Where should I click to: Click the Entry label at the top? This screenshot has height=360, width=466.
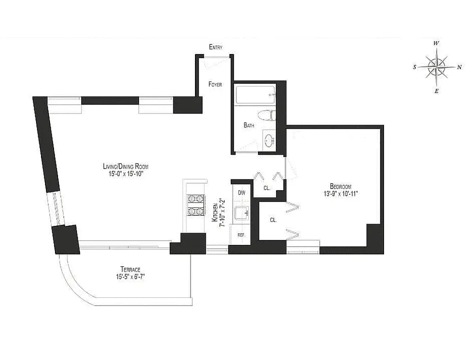coord(216,47)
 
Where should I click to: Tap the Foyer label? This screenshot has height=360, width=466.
coord(215,84)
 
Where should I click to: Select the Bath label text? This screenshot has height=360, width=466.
coord(249,126)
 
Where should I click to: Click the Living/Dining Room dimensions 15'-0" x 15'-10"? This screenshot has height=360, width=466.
coord(123,174)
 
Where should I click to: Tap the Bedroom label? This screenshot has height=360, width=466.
coord(340,186)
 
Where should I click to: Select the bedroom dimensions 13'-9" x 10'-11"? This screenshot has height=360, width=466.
coord(340,193)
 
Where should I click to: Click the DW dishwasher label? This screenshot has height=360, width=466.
coord(241,193)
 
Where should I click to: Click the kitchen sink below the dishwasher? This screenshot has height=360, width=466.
coord(241,212)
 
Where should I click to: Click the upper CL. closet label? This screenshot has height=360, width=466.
coord(267,188)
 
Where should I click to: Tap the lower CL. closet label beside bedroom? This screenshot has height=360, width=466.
coord(273,220)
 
